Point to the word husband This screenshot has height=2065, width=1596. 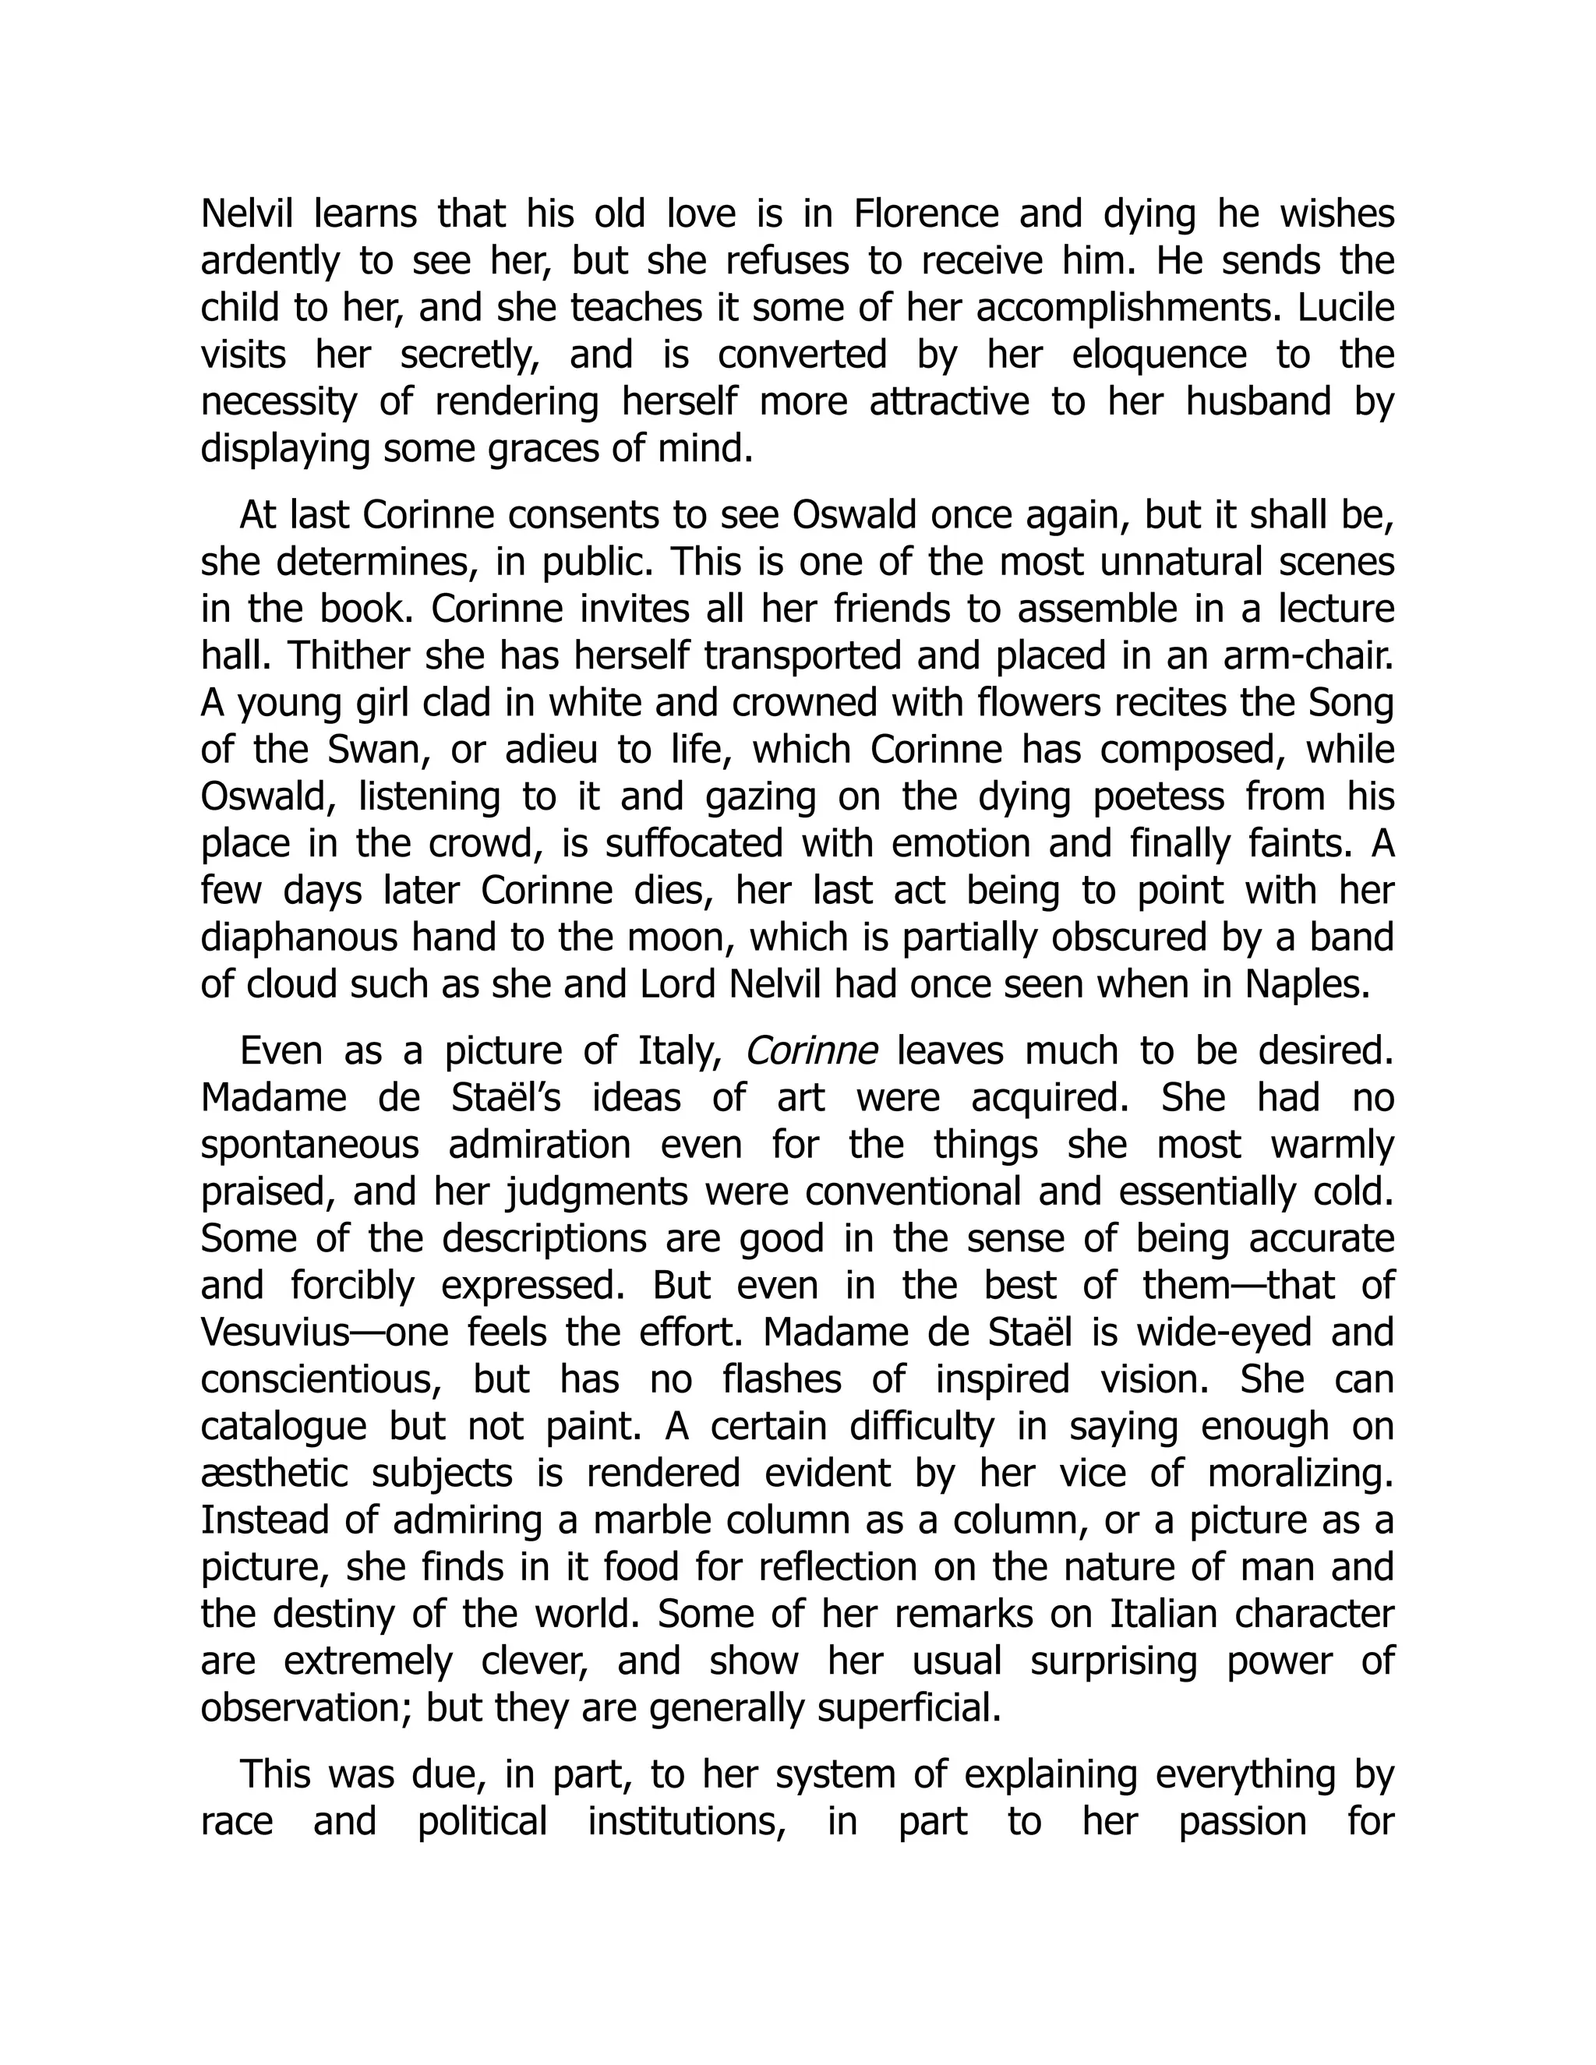tap(1259, 402)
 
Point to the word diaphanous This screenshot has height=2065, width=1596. tap(296, 937)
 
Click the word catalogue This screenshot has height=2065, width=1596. tap(284, 1426)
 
